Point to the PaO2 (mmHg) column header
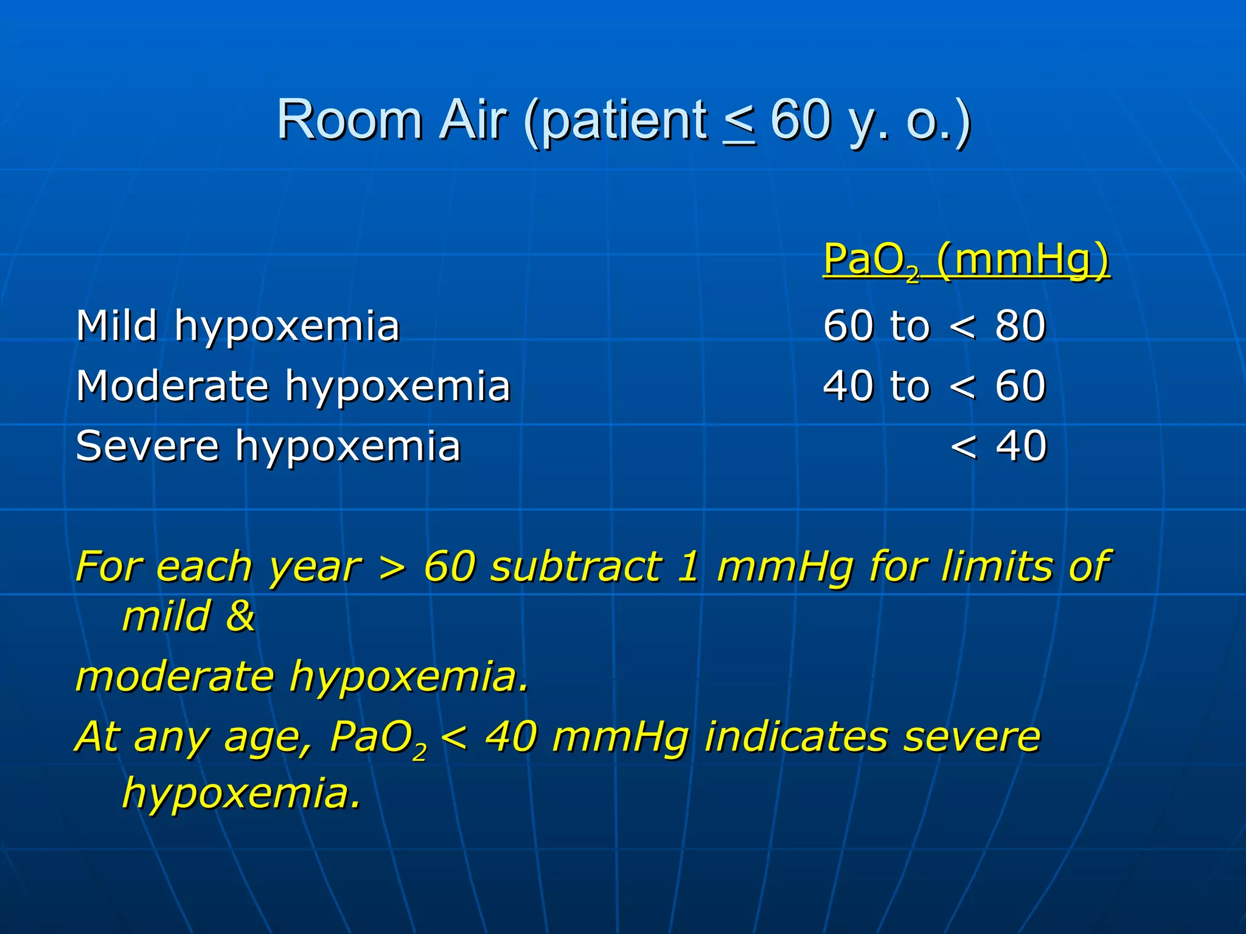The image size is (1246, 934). pos(966,260)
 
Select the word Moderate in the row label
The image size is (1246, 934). pos(172,386)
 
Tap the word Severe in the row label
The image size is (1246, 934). pos(147,446)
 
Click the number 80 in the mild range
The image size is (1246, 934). pos(1020,326)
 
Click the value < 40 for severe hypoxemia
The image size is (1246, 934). pos(998,446)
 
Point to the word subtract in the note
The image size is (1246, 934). pos(576,567)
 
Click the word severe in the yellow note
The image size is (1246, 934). pos(972,738)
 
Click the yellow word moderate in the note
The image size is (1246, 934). pos(175,677)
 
